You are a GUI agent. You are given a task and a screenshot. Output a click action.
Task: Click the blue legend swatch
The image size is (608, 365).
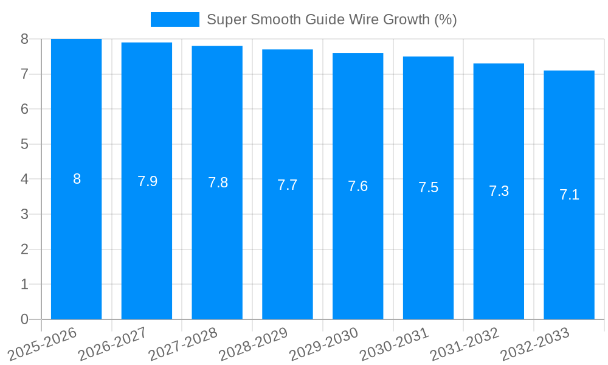click(x=174, y=19)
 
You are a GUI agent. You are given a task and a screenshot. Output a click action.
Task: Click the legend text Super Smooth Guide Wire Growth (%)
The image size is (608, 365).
click(x=331, y=19)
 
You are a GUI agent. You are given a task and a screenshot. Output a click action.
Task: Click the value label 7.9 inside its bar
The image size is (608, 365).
click(x=147, y=181)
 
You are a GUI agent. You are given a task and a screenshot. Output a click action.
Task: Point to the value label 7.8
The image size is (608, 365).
click(x=218, y=182)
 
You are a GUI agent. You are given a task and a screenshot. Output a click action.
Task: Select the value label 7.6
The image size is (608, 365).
click(x=358, y=186)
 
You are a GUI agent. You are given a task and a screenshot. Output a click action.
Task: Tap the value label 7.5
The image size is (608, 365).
click(x=428, y=187)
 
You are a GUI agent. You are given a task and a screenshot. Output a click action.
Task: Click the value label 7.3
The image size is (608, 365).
click(x=499, y=191)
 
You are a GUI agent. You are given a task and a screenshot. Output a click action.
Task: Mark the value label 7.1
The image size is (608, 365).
click(x=569, y=195)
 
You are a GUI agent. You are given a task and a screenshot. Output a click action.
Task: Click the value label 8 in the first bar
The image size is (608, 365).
click(x=77, y=179)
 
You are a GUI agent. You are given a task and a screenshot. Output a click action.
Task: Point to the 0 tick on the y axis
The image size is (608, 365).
click(x=24, y=319)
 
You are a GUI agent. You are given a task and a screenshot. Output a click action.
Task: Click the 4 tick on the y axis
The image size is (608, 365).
click(x=24, y=179)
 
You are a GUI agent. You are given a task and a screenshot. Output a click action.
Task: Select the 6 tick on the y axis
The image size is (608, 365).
click(x=24, y=109)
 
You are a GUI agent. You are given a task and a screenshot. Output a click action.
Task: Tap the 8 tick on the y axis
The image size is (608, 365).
click(x=24, y=39)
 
